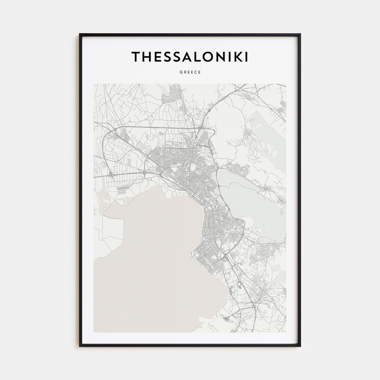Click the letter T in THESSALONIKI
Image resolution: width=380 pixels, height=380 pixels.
[x=136, y=57]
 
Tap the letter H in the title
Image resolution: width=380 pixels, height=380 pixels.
[x=147, y=57]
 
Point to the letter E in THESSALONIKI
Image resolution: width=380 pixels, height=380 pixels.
[x=157, y=57]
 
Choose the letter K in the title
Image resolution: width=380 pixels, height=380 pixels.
[x=237, y=57]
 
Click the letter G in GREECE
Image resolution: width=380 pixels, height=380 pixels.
[x=180, y=72]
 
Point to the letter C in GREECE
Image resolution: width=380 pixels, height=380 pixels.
[x=195, y=72]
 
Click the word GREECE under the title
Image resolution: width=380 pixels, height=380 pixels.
[x=190, y=72]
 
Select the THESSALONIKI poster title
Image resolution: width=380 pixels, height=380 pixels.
[x=190, y=57]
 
